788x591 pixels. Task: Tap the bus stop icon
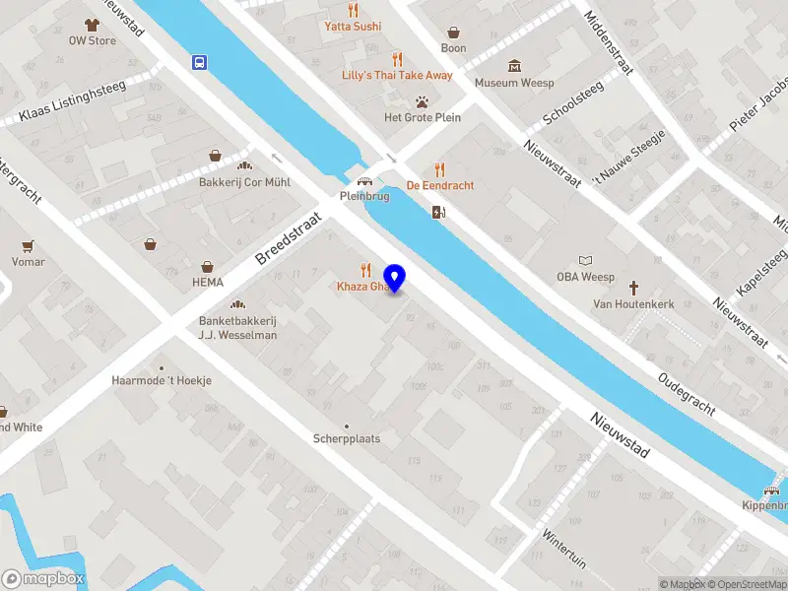pyautogui.click(x=200, y=62)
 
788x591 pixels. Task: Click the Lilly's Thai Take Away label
pyautogui.click(x=397, y=75)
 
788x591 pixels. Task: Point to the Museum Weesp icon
pyautogui.click(x=514, y=65)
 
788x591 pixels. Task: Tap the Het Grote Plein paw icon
pyautogui.click(x=422, y=100)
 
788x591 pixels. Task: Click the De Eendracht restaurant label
pyautogui.click(x=440, y=185)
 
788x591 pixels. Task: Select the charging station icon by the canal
pyautogui.click(x=438, y=211)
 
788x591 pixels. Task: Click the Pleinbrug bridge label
pyautogui.click(x=364, y=196)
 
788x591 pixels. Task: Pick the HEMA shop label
pyautogui.click(x=208, y=282)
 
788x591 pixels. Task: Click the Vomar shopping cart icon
pyautogui.click(x=29, y=245)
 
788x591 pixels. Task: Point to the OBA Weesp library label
pyautogui.click(x=585, y=277)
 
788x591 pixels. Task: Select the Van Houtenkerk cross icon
pyautogui.click(x=633, y=288)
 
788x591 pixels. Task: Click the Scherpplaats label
pyautogui.click(x=347, y=438)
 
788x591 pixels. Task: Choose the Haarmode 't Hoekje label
pyautogui.click(x=162, y=380)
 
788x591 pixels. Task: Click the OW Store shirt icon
pyautogui.click(x=92, y=25)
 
